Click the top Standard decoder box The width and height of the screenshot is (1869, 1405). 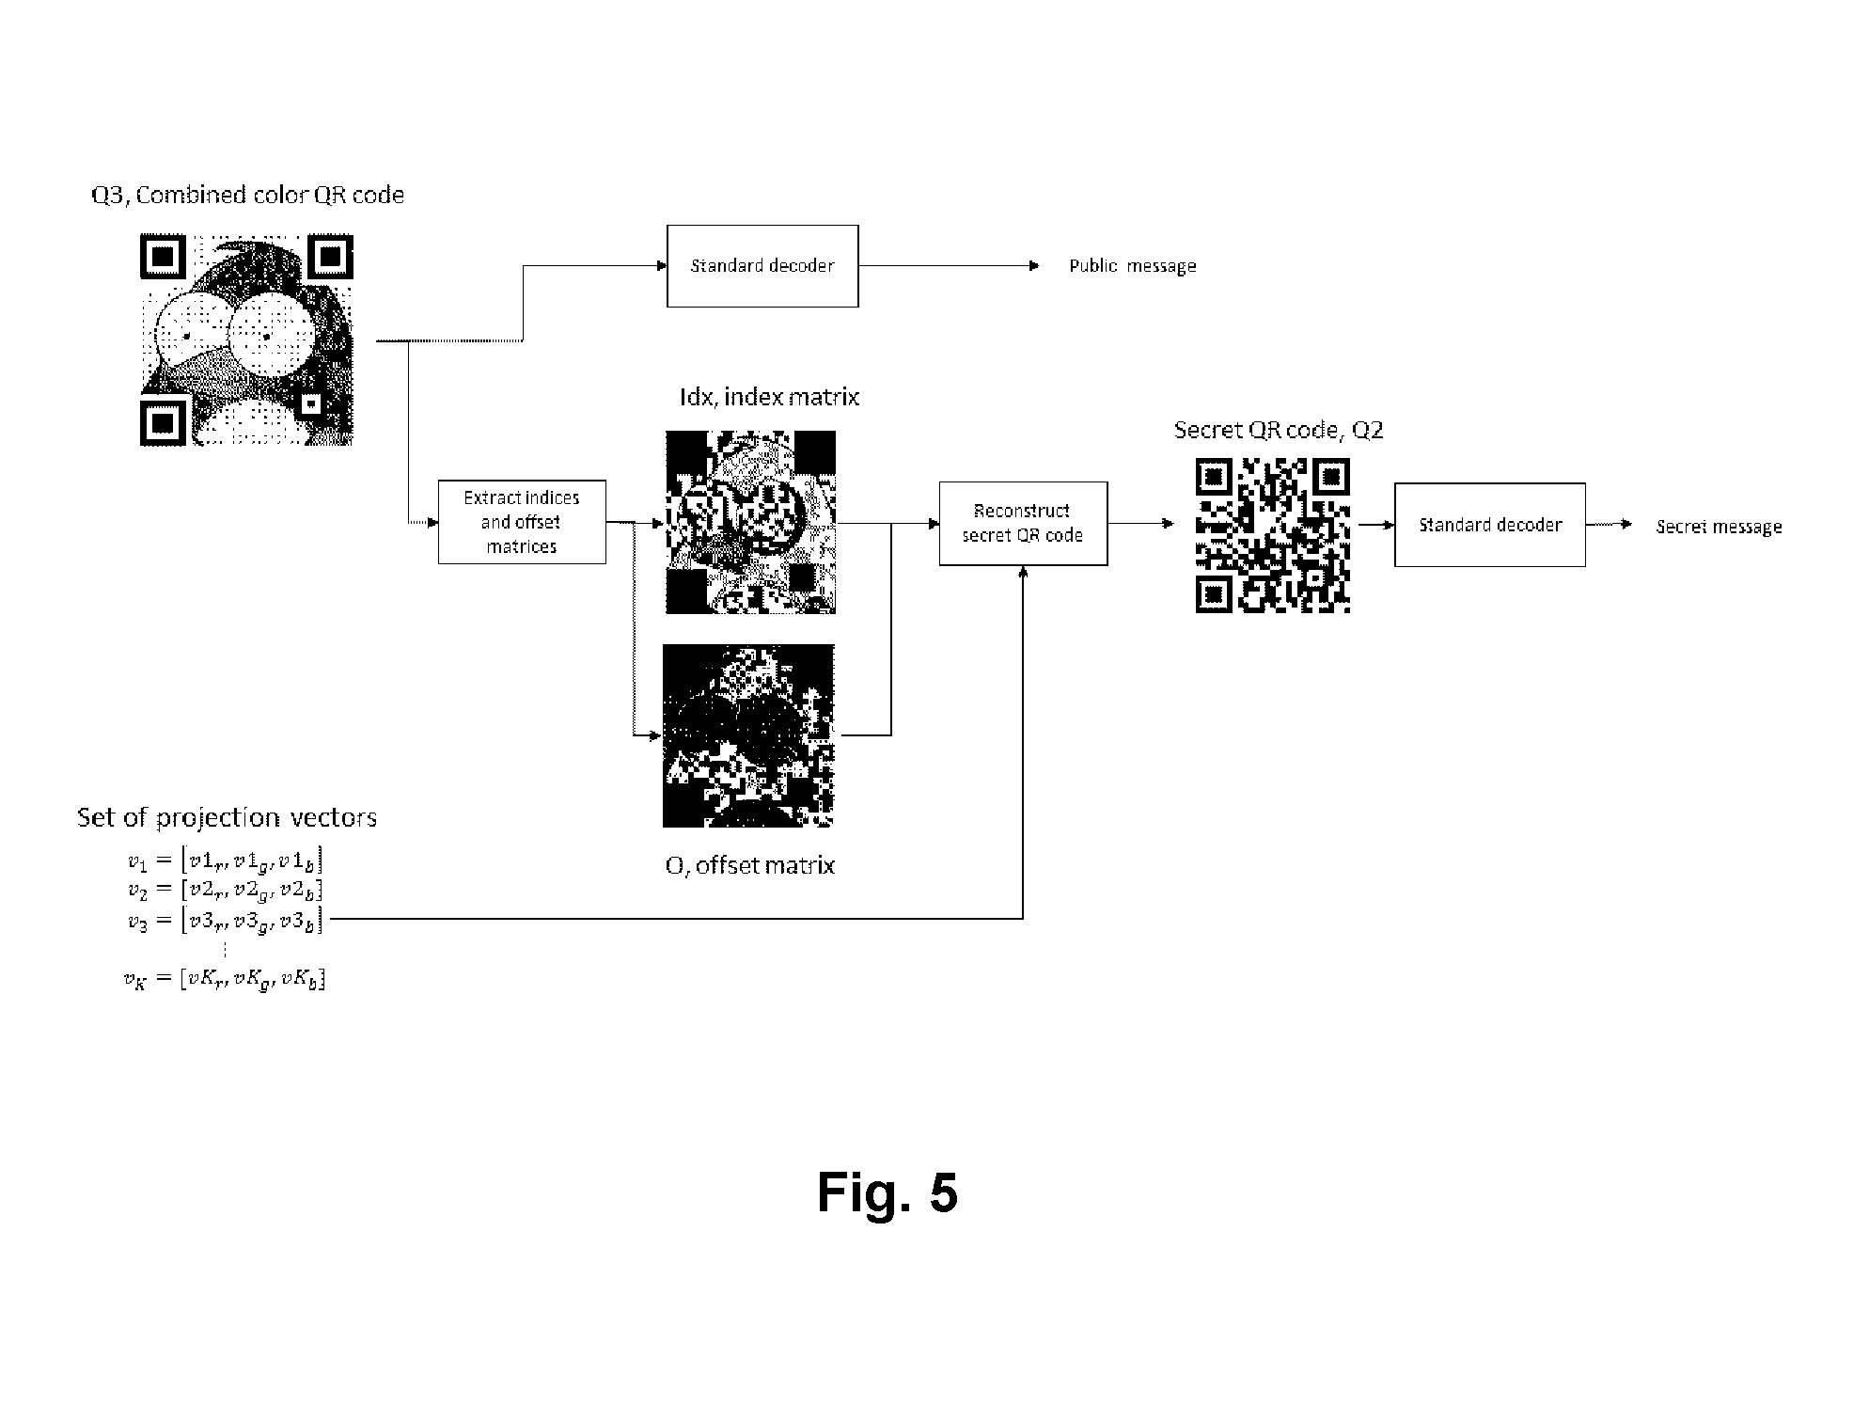click(x=762, y=266)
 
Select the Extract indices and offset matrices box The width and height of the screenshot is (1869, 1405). click(x=522, y=522)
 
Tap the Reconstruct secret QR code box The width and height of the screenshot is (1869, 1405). click(x=1023, y=524)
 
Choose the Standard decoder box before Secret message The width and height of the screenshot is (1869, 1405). click(x=1490, y=525)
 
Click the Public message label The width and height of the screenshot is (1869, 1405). click(x=1133, y=266)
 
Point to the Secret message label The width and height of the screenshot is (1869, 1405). click(x=1720, y=527)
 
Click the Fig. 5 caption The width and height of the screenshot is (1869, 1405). click(x=887, y=1192)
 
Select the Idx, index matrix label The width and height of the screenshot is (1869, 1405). click(x=769, y=397)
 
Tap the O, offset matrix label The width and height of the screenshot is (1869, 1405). click(x=750, y=865)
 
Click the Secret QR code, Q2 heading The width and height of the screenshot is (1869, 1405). click(x=1279, y=430)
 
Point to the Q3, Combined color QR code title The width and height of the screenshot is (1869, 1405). click(x=247, y=195)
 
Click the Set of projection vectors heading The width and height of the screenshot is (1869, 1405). click(x=227, y=817)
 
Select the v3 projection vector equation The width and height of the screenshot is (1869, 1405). click(x=226, y=921)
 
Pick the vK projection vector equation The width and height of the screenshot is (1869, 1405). click(x=225, y=980)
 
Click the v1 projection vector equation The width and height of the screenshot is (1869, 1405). click(x=226, y=860)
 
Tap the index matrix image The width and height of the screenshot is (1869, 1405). click(x=750, y=522)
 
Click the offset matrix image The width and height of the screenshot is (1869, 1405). click(x=748, y=735)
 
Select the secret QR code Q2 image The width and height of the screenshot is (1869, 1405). click(x=1273, y=535)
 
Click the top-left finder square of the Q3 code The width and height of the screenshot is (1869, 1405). click(x=163, y=256)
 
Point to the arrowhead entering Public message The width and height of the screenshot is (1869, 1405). click(x=1034, y=266)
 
